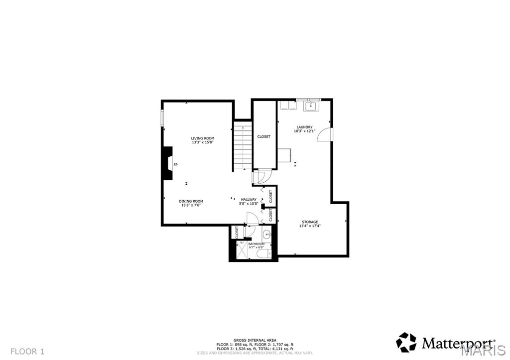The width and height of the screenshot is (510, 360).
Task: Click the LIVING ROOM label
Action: pyautogui.click(x=203, y=138)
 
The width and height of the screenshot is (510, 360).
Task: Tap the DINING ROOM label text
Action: pyautogui.click(x=191, y=201)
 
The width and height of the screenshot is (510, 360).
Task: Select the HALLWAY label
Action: pyautogui.click(x=249, y=200)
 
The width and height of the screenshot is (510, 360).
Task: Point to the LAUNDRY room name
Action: pyautogui.click(x=304, y=127)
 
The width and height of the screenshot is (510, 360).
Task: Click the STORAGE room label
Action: pyautogui.click(x=309, y=222)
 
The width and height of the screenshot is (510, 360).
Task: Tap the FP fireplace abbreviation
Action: pyautogui.click(x=175, y=164)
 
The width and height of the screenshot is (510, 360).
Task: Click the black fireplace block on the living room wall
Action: pyautogui.click(x=167, y=164)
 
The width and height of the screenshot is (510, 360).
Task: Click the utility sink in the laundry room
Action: pyautogui.click(x=312, y=105)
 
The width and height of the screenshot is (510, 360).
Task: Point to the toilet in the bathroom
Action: pyautogui.click(x=262, y=254)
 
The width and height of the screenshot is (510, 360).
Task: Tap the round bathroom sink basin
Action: pyautogui.click(x=266, y=234)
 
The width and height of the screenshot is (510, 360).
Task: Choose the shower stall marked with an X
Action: pyautogui.click(x=243, y=250)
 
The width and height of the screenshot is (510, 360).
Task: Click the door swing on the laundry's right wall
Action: pyautogui.click(x=323, y=135)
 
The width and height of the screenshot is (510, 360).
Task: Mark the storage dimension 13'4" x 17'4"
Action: pyautogui.click(x=309, y=226)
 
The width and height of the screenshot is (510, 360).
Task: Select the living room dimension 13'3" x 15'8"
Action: pyautogui.click(x=203, y=142)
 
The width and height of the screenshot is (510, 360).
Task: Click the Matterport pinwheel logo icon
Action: pyautogui.click(x=406, y=343)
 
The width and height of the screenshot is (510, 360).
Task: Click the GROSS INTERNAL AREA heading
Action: pyautogui.click(x=255, y=340)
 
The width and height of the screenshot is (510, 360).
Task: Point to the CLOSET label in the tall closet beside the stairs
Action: pyautogui.click(x=264, y=136)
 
